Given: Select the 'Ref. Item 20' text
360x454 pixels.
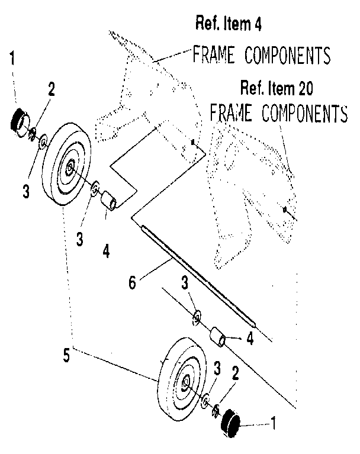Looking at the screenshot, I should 277,89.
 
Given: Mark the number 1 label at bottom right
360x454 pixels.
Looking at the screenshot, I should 274,424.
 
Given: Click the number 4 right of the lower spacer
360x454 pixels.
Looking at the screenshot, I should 250,339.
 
